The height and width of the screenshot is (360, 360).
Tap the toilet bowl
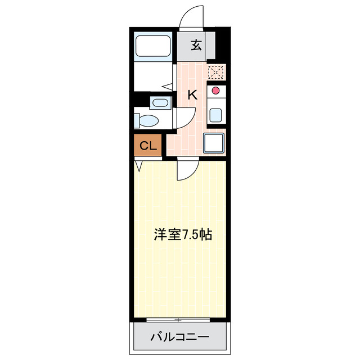click(x=148, y=120)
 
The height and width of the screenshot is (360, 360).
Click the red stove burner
click(x=215, y=90)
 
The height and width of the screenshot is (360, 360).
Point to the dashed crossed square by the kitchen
click(x=216, y=73)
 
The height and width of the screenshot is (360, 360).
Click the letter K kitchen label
click(x=192, y=95)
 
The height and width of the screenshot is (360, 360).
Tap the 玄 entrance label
click(x=196, y=46)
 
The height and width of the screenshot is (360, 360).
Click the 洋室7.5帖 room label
click(x=183, y=235)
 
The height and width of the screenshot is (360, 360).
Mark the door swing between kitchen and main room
click(x=187, y=169)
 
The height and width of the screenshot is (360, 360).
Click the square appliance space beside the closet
click(x=214, y=143)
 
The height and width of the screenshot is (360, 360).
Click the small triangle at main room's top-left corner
click(x=138, y=166)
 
